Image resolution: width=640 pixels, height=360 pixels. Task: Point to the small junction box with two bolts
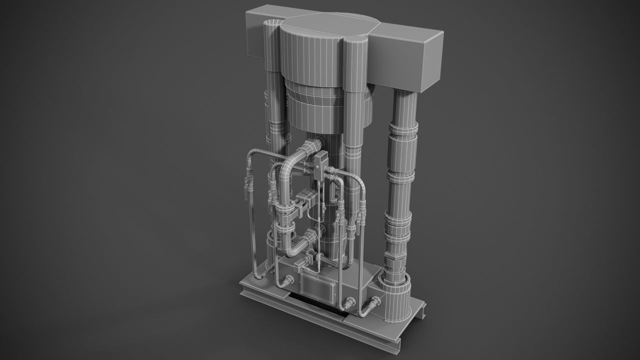320,163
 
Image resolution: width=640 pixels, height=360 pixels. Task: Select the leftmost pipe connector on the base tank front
288,281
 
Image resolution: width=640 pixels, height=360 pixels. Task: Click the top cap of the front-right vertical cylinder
356,44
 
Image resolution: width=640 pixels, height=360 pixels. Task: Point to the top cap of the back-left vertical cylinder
272,24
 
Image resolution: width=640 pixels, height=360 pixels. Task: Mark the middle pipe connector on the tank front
349,302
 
